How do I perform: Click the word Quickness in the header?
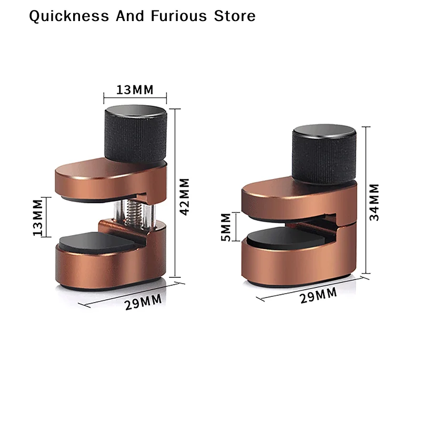69,16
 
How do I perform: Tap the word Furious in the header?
179,16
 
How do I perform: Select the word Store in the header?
235,16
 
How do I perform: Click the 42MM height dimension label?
185,196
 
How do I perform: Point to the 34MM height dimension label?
374,202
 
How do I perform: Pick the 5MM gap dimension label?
226,227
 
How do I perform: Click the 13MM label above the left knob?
135,89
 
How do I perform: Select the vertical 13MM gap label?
38,217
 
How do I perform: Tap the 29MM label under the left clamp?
143,302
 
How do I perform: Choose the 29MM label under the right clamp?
318,295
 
